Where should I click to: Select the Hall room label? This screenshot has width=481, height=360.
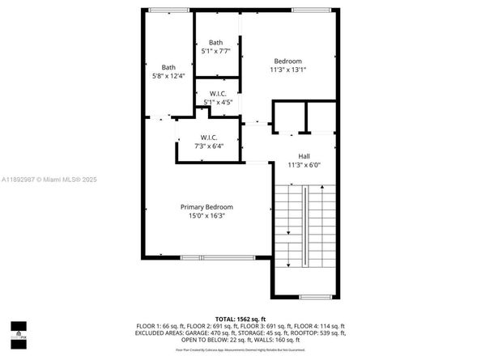click(304, 156)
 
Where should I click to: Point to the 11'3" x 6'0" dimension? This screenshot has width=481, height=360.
click(304, 165)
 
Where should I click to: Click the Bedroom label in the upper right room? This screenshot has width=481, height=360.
click(287, 61)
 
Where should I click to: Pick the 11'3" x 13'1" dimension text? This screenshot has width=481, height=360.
click(287, 70)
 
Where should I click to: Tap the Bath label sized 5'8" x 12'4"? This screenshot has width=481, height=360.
click(168, 67)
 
